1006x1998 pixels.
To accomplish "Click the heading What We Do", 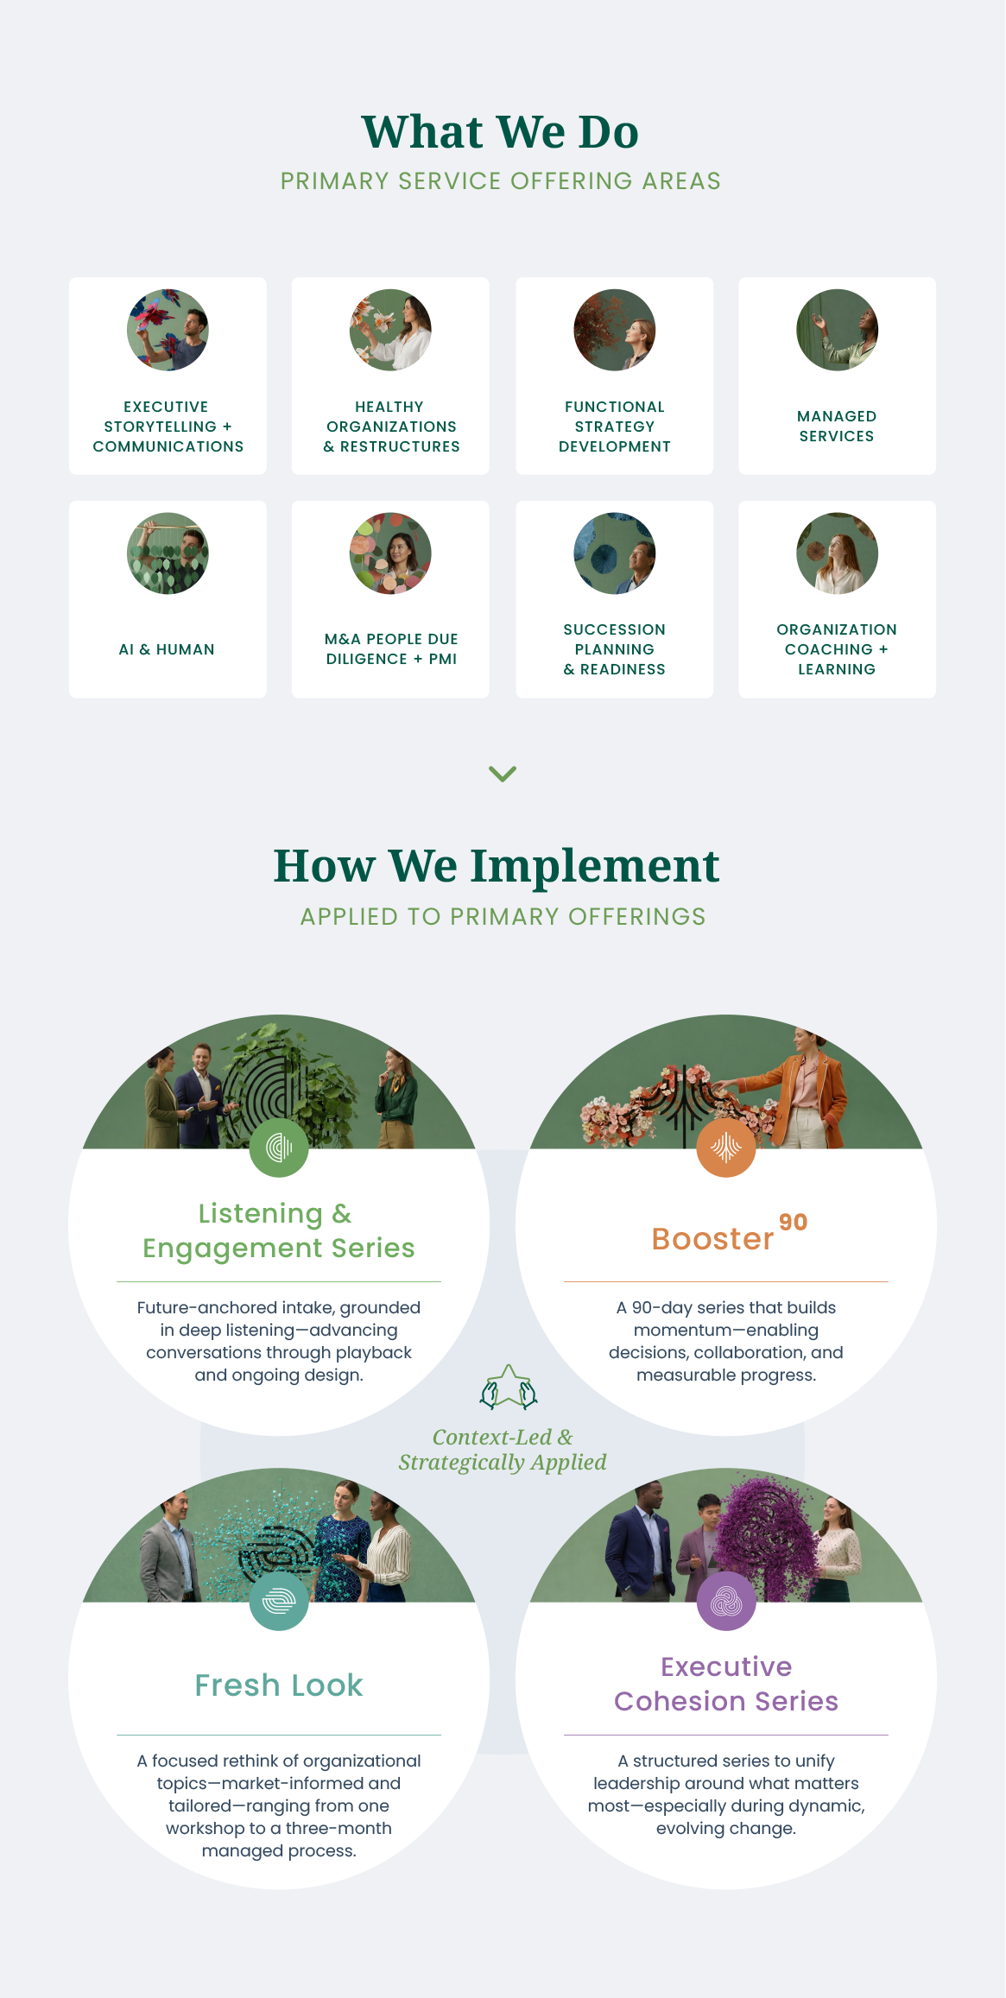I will pos(500,132).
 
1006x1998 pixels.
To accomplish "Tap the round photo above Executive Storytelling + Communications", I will pos(168,330).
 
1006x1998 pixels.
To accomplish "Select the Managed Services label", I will pos(837,427).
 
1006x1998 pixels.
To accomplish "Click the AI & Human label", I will pos(167,649).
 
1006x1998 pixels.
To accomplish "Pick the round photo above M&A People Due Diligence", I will pos(390,553).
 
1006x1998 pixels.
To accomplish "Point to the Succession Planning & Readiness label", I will pos(614,649).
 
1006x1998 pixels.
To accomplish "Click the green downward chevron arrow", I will pos(503,773).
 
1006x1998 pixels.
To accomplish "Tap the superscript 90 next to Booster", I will pos(793,1222).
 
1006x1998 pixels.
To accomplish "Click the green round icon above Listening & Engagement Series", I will pos(279,1148).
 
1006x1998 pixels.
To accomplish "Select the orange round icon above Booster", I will pos(725,1148).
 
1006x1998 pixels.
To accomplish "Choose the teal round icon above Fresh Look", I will pos(279,1601).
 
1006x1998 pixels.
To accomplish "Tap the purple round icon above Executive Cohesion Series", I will pos(725,1601).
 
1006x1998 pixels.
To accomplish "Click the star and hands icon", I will pos(509,1387).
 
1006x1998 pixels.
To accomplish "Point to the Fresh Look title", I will pos(279,1685).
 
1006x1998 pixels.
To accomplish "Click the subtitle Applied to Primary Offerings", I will pos(503,916).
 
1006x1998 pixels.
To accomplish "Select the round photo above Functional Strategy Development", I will pos(614,330).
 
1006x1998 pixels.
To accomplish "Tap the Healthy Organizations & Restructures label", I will pos(391,427).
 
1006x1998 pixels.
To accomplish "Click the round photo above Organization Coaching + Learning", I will pos(837,553).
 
